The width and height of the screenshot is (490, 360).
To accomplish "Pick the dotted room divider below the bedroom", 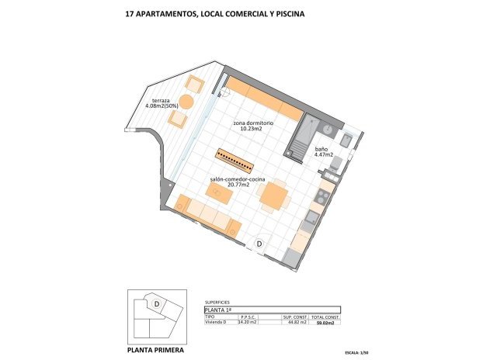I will point(234,158).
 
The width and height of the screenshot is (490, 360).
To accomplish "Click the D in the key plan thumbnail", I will point(157,304).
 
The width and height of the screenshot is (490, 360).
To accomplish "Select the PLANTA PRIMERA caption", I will point(155,351).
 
